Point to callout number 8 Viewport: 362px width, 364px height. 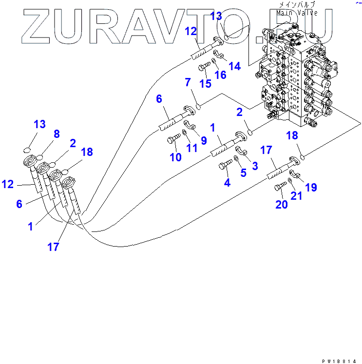pos(57,134)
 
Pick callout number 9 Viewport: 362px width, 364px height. pos(204,140)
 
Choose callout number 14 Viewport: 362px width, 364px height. pos(235,66)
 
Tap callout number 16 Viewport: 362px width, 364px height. pos(220,75)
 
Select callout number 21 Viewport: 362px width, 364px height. pos(296,195)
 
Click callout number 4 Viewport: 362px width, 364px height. pos(227,183)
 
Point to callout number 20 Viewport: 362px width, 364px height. pos(282,204)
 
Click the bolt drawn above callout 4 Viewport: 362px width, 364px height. pos(225,166)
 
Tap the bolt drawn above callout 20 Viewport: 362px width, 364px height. pos(281,186)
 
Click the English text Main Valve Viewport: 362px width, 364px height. pos(297,13)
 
